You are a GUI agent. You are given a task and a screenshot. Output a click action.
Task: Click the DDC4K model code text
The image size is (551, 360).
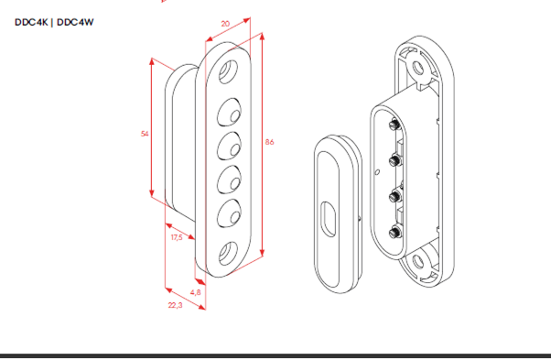point(31,22)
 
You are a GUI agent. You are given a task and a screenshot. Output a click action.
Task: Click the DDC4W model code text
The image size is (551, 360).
point(75,22)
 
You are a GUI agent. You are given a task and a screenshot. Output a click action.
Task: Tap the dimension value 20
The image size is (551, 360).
point(225,24)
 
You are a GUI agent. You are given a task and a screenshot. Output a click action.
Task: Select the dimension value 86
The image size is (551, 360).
point(269,142)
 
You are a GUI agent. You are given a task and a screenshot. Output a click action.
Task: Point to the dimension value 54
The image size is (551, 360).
point(145,134)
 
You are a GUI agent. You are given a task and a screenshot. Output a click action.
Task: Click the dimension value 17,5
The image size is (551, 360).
point(177,237)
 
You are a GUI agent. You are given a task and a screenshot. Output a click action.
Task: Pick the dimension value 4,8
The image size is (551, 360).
point(196,292)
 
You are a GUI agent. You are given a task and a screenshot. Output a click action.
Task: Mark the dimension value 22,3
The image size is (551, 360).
point(175,305)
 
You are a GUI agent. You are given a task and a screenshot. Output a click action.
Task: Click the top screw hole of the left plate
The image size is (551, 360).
point(228,71)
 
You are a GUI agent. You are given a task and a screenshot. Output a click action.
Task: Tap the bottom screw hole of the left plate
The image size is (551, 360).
point(228,253)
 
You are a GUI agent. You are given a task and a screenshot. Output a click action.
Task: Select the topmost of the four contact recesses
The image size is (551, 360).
point(229,112)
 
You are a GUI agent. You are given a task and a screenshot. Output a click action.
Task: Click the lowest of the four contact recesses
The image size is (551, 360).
point(229,213)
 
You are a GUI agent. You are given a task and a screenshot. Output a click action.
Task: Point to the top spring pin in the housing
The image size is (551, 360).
point(394,125)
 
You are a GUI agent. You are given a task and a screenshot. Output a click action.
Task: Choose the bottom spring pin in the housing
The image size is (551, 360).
point(395,233)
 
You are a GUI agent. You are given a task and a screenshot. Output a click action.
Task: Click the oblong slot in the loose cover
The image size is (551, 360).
point(329,219)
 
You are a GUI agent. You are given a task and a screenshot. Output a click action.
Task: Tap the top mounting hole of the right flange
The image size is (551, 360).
point(418,68)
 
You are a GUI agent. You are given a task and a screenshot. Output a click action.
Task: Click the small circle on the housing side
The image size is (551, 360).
point(377,172)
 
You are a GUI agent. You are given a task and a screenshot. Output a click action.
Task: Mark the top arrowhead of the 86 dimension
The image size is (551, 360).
point(262,37)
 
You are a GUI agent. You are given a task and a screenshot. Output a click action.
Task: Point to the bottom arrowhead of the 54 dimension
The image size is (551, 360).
point(152,193)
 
